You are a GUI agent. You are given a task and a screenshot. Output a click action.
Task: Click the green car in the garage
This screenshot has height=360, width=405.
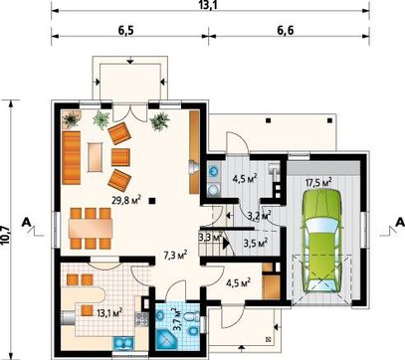[321, 242]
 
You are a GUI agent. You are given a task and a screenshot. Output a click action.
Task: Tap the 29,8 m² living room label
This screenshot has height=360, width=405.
[126, 200]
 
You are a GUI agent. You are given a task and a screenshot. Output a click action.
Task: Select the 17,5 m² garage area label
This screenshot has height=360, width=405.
[318, 183]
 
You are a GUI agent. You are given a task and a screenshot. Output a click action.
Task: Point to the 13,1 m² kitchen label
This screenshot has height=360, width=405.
[109, 312]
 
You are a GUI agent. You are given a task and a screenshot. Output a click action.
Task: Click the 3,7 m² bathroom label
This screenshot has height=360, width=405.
[178, 319]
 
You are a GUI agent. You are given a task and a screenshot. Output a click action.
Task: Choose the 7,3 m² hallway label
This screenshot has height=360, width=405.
[175, 255]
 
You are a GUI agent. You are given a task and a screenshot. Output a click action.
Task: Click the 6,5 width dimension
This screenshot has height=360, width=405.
[125, 30]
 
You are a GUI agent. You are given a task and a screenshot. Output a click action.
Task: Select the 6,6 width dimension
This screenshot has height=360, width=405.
[286, 30]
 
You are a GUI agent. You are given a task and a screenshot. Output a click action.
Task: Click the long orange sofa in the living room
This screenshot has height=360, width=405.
[72, 157]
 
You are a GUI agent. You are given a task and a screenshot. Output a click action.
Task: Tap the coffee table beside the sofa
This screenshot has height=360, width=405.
[95, 157]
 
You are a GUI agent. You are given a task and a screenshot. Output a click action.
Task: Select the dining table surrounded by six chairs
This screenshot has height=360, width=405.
[91, 228]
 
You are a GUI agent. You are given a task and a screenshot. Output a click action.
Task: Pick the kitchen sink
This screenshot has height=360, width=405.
[123, 343]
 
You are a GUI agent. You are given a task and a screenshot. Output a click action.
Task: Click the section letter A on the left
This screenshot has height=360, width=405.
[27, 223]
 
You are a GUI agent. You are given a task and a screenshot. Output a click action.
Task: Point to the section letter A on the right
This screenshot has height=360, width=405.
[400, 222]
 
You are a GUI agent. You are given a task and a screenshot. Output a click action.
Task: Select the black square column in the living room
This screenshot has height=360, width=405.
[152, 200]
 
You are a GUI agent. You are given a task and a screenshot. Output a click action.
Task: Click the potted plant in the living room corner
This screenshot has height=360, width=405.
[72, 119]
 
